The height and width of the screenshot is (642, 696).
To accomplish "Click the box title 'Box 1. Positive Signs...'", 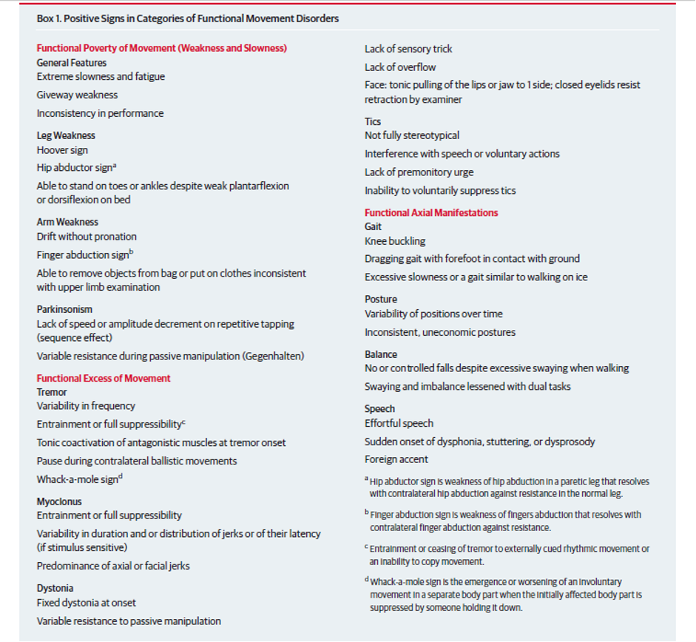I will [x=187, y=18].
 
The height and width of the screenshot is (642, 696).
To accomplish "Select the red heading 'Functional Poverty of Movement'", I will [x=161, y=48].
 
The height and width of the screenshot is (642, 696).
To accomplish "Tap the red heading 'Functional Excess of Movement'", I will [x=104, y=378].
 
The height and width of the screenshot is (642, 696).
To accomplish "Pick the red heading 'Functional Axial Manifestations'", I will [x=431, y=212].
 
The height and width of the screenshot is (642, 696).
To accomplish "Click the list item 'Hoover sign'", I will [x=62, y=150].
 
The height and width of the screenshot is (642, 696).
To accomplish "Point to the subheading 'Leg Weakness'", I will [x=66, y=135].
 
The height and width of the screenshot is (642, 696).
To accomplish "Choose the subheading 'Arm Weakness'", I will [x=67, y=222].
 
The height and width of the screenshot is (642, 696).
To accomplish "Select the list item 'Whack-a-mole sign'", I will [x=78, y=479].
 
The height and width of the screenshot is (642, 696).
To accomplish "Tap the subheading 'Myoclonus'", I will [x=59, y=501].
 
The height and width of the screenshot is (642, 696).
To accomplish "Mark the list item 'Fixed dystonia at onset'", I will [x=87, y=603].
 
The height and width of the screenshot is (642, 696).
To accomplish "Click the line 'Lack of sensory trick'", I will [x=408, y=49].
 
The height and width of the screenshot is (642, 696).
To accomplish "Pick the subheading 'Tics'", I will [x=373, y=121].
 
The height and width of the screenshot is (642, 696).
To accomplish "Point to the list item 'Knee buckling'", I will [x=395, y=241].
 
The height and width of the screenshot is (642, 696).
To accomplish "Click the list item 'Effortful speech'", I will [x=399, y=423].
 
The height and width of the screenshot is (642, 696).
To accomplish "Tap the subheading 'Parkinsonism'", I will [x=64, y=309].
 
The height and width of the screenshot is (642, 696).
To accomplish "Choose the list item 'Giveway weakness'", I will [x=77, y=95].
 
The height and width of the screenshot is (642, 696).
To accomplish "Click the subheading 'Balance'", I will [x=380, y=354].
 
